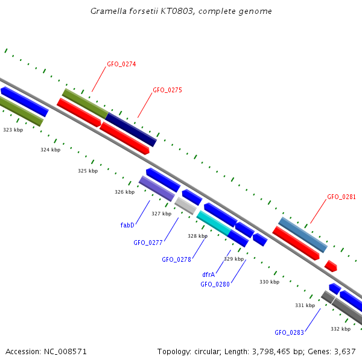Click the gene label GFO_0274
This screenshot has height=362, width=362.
[x=121, y=64]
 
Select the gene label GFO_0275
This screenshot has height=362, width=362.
[x=167, y=90]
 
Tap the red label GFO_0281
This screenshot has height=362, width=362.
[x=341, y=197]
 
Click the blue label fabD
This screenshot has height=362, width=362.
[x=127, y=225]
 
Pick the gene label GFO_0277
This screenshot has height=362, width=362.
[x=148, y=243]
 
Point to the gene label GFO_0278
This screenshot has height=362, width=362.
[x=176, y=259]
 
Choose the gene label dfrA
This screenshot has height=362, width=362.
[x=209, y=275]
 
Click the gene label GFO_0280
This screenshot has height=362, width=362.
[x=215, y=284]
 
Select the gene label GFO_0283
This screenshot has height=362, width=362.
[x=289, y=332]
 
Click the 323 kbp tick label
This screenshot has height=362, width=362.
[x=13, y=130]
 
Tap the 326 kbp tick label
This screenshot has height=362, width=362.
[x=124, y=192]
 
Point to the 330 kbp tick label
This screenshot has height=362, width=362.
[x=269, y=282]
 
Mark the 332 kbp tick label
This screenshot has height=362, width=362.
[x=340, y=329]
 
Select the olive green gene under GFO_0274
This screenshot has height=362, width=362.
[x=85, y=103]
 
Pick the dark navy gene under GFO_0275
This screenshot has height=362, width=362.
[x=132, y=129]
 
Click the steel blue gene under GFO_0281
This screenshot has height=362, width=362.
[x=303, y=235]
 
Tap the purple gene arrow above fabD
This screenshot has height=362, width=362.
[x=157, y=188]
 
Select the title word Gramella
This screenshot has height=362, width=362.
[x=106, y=11]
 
